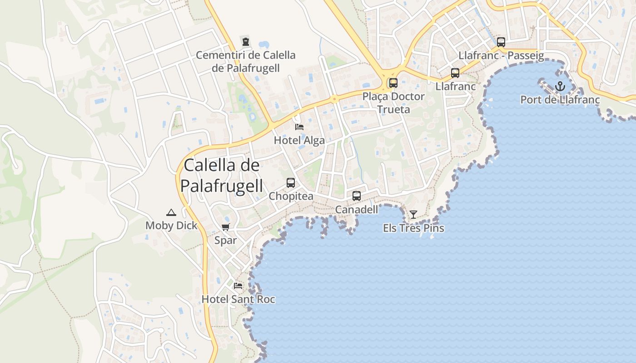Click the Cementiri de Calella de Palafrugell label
(x=245, y=62)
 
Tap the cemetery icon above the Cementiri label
(x=246, y=42)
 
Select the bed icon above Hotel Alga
(x=299, y=127)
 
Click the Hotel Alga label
(x=299, y=141)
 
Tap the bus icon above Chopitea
(x=291, y=183)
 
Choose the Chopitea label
(x=291, y=196)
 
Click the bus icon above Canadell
(x=357, y=196)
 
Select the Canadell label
(x=357, y=210)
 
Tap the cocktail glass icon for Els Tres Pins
(x=413, y=214)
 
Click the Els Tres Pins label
(x=413, y=228)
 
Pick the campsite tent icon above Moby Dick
(x=171, y=212)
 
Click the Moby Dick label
(x=171, y=226)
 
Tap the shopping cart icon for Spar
(x=226, y=227)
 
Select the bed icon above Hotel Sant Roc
(x=238, y=286)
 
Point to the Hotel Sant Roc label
(x=238, y=299)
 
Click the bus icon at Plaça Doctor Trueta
(x=393, y=83)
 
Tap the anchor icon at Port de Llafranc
(x=560, y=86)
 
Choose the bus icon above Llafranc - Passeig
(x=501, y=42)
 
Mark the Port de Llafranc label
(x=560, y=100)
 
